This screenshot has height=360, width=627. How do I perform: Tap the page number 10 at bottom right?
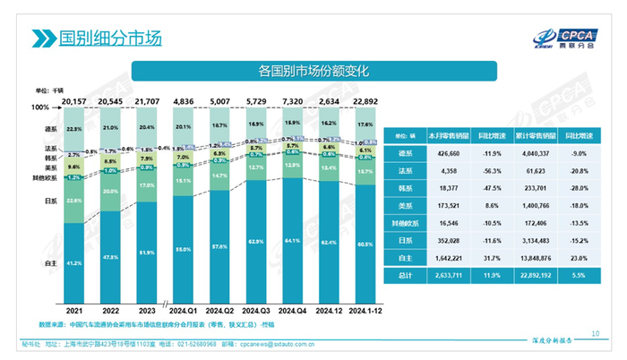click(x=596, y=333)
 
